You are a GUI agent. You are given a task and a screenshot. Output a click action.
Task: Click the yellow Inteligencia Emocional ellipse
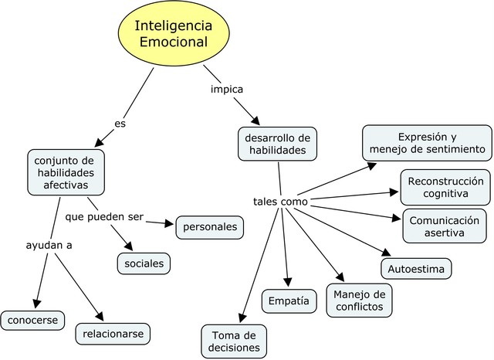(x=171, y=33)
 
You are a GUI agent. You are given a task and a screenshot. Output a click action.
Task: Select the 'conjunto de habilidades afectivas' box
(x=66, y=172)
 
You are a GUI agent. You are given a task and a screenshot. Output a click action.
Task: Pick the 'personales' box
(x=210, y=228)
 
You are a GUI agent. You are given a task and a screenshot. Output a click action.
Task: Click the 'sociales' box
(x=144, y=263)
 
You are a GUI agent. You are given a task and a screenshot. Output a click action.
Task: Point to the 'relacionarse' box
(x=113, y=334)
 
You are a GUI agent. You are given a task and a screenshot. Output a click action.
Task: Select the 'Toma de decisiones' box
(x=234, y=341)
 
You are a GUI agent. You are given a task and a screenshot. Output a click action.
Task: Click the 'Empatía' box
(x=289, y=300)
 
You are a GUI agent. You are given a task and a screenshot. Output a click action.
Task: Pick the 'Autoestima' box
(x=416, y=268)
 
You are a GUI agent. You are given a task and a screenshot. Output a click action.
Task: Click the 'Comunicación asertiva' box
(x=444, y=226)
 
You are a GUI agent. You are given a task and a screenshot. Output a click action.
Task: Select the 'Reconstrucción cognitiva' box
(x=445, y=187)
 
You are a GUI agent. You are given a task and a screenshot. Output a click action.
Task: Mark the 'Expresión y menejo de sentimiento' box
(x=427, y=142)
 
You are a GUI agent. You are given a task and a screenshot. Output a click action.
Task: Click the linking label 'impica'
(x=227, y=89)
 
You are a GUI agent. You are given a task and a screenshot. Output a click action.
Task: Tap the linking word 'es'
(x=120, y=123)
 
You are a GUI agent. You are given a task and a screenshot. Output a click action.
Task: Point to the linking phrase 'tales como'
(x=280, y=202)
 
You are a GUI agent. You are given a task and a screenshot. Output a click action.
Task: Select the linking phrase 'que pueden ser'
(x=104, y=216)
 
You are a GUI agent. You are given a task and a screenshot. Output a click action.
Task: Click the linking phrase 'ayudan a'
(x=48, y=245)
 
